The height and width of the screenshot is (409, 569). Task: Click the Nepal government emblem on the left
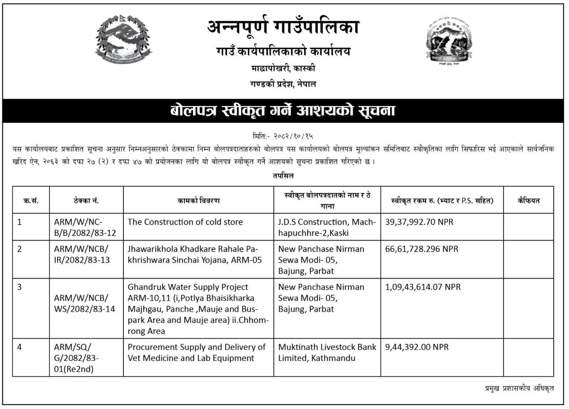(x=124, y=39)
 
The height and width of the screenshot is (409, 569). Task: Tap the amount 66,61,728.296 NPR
(x=422, y=249)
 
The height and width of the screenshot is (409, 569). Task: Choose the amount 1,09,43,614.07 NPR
(x=423, y=287)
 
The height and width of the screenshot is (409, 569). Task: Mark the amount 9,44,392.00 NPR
(x=417, y=347)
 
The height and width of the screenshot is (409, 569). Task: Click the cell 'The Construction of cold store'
(x=185, y=222)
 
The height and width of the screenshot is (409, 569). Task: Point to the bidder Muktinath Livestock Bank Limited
(x=327, y=352)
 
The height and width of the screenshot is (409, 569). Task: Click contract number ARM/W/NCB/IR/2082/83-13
(x=82, y=254)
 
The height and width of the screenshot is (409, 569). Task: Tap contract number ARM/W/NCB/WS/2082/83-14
(x=82, y=303)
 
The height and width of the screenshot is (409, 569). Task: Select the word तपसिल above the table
(x=283, y=176)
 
